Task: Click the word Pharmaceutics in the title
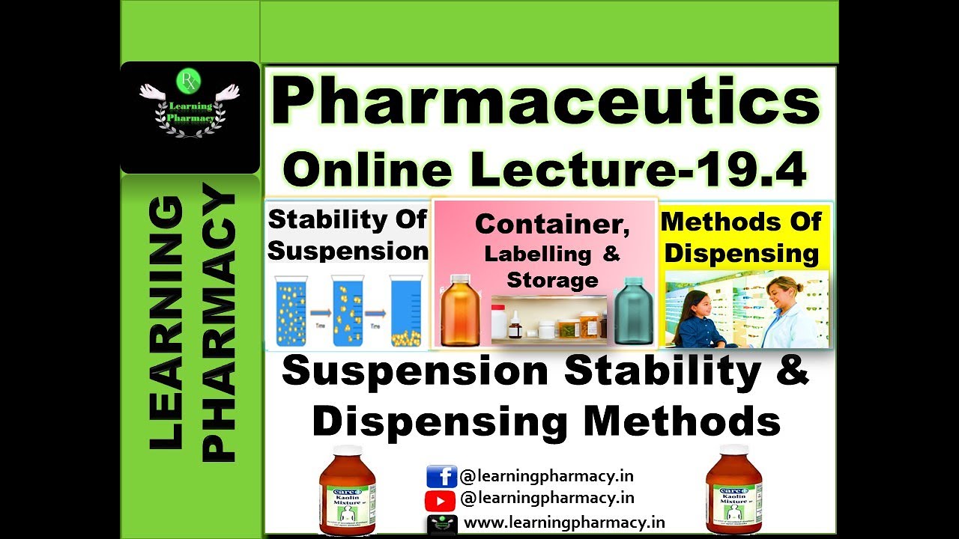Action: (x=545, y=104)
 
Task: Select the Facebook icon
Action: (x=441, y=477)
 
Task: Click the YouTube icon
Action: (x=441, y=499)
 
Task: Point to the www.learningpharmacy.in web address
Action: (x=564, y=523)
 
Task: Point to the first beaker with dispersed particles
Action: (x=291, y=311)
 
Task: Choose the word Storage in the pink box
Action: (x=552, y=280)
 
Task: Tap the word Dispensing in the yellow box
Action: (x=742, y=253)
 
